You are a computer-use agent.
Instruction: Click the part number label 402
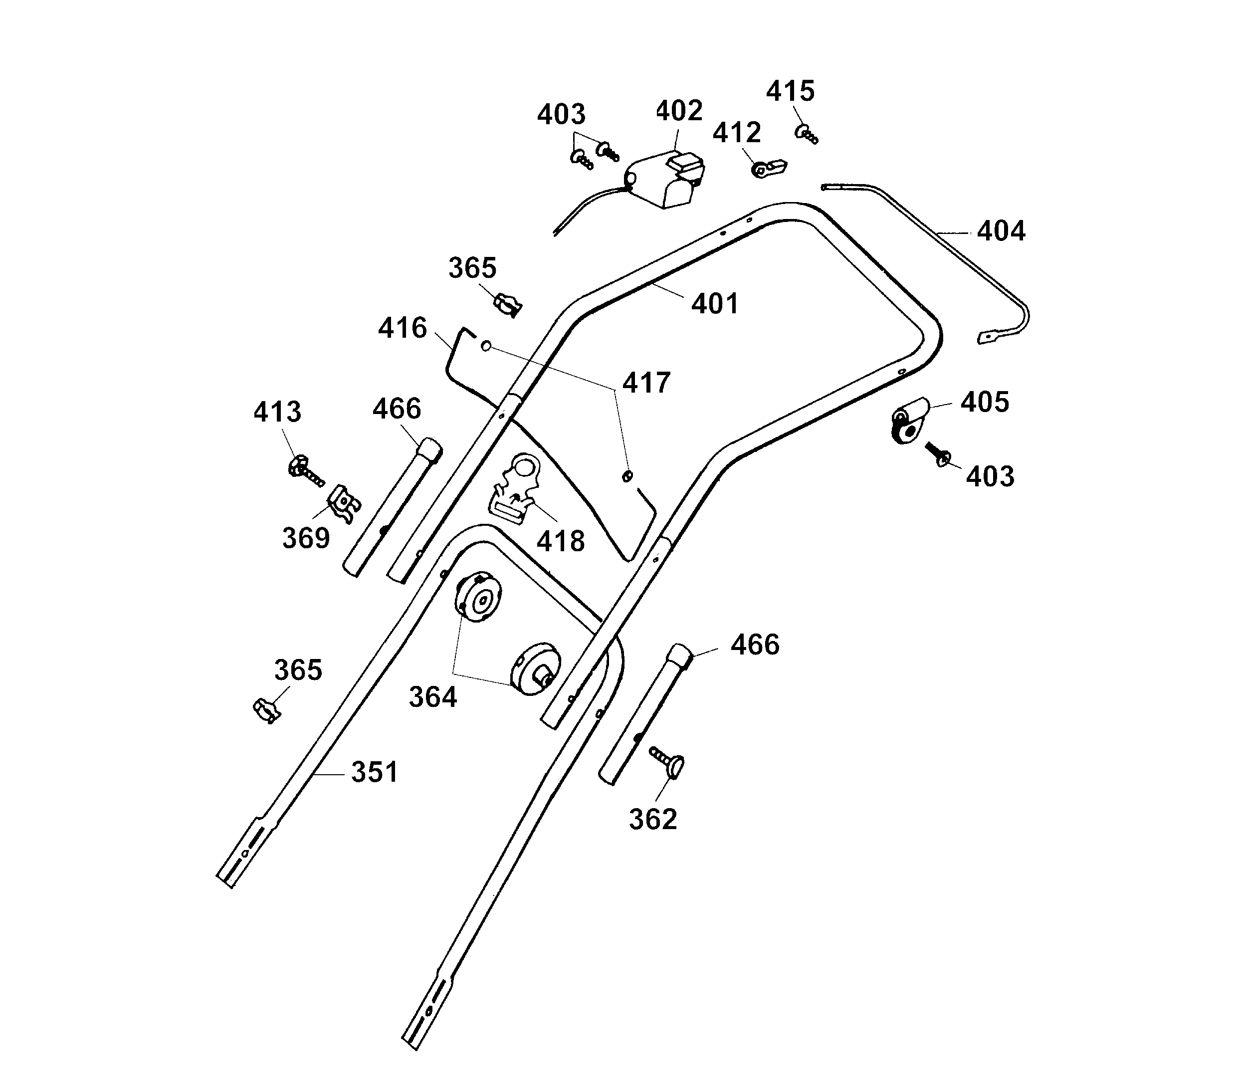tap(679, 111)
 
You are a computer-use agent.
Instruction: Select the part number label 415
tap(791, 91)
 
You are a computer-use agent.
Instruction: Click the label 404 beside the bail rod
tap(1001, 231)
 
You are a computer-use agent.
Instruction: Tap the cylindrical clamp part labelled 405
tap(910, 420)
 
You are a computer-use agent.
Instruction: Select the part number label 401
tap(715, 304)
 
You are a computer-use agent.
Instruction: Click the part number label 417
tap(646, 383)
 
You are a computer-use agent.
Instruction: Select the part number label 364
tap(433, 697)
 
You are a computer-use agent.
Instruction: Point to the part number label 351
tap(375, 772)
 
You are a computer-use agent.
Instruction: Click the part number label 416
tap(403, 328)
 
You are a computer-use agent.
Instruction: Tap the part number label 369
tap(306, 538)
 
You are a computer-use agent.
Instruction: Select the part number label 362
tap(652, 819)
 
